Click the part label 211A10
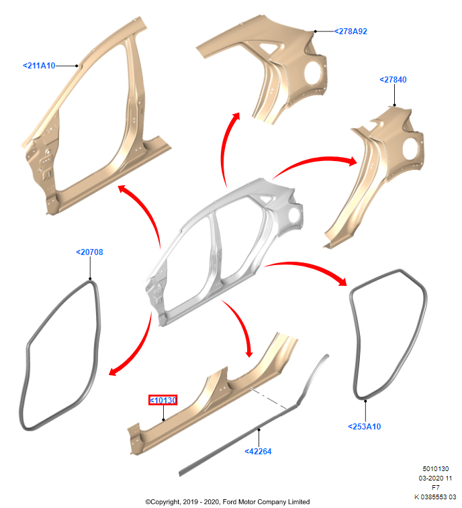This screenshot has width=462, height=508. tap(39, 66)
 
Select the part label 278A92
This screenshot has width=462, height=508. tap(351, 32)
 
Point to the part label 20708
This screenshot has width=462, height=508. tap(89, 252)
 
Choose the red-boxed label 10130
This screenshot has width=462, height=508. tap(163, 401)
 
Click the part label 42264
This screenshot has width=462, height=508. tap(258, 452)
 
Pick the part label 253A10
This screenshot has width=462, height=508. tap(365, 426)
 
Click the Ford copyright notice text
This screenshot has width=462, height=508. tap(228, 501)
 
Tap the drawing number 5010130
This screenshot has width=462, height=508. tap(435, 468)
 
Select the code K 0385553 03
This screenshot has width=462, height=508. tap(434, 497)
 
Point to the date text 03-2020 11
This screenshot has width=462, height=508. tap(435, 478)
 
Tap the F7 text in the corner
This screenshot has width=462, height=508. tap(435, 487)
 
